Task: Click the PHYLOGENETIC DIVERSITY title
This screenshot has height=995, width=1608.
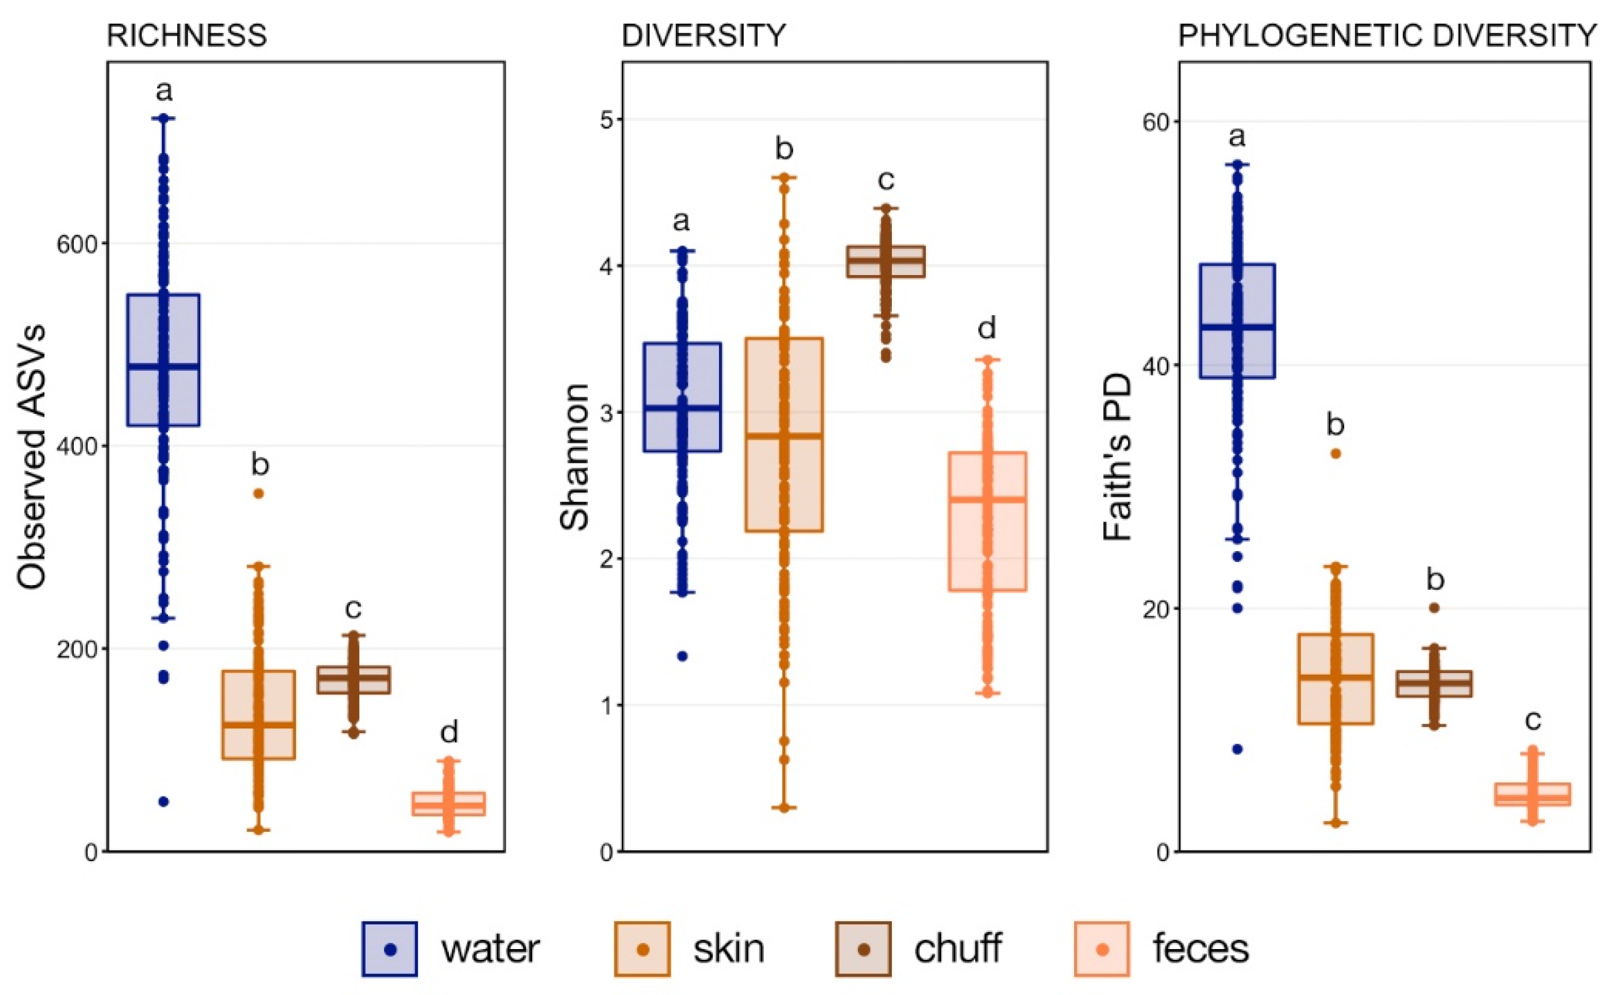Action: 1386,36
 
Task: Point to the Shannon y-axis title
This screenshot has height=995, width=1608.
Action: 574,457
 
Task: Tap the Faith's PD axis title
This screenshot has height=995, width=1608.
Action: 1117,457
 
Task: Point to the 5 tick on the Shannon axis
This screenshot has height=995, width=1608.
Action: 606,120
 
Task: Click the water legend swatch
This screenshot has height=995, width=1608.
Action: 389,949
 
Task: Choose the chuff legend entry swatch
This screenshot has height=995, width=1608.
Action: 863,949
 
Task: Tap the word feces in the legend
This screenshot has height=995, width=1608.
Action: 1199,949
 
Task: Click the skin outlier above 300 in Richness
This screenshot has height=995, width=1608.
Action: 259,494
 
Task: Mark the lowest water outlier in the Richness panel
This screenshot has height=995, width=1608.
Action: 163,802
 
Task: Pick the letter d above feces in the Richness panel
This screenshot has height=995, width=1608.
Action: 448,732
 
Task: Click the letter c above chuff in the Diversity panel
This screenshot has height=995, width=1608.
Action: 886,180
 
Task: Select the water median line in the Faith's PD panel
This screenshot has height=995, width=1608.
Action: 1236,327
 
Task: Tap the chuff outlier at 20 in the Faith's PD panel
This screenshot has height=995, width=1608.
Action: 1433,607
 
